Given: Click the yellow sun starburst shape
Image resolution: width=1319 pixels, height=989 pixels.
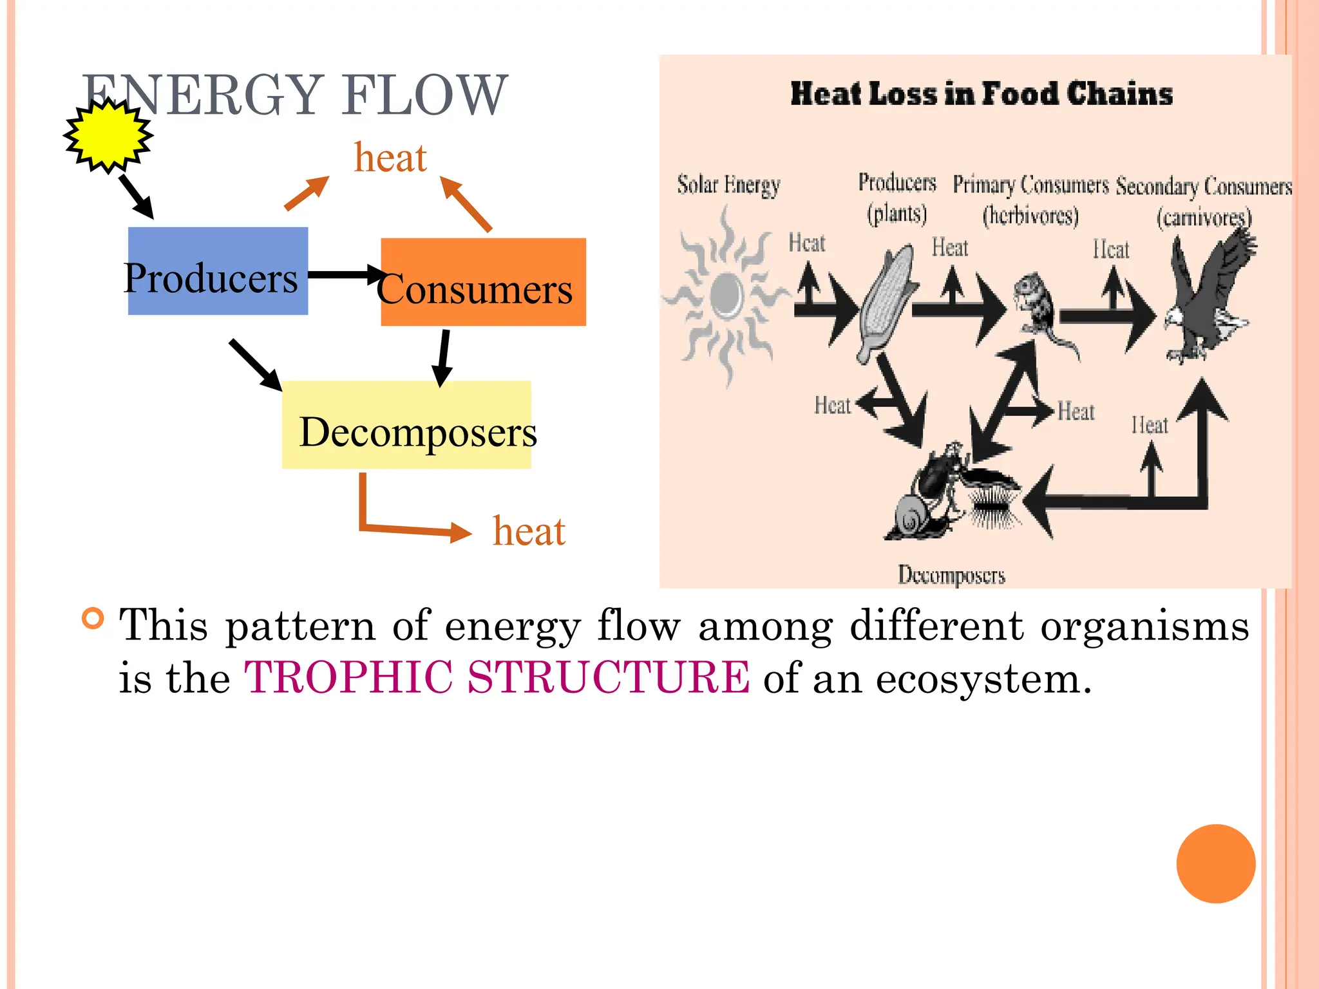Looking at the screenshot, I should coord(108,136).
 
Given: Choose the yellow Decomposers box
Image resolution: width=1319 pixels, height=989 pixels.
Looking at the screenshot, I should coord(406,425).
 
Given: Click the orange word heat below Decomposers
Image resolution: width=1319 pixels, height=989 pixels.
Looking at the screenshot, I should coord(529,532).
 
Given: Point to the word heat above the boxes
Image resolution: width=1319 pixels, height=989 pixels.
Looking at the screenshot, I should coord(390,158).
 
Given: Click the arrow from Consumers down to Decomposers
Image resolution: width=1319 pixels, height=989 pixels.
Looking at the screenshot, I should coord(443,358).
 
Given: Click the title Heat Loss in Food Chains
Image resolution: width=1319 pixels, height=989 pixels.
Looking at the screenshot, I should coord(981,94).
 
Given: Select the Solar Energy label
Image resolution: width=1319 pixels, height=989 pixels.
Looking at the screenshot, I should coord(728,185).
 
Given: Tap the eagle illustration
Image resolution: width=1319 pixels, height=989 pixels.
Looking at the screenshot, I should coord(1208,296).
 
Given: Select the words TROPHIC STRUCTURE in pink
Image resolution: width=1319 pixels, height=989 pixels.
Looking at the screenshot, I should coord(497,677).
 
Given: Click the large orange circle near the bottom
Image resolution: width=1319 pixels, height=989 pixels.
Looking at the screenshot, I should coord(1215,863).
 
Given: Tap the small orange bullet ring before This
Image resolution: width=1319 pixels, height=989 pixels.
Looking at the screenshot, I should coord(93,618).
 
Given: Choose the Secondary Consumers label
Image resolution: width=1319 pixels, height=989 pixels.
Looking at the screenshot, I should coord(1204,187).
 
